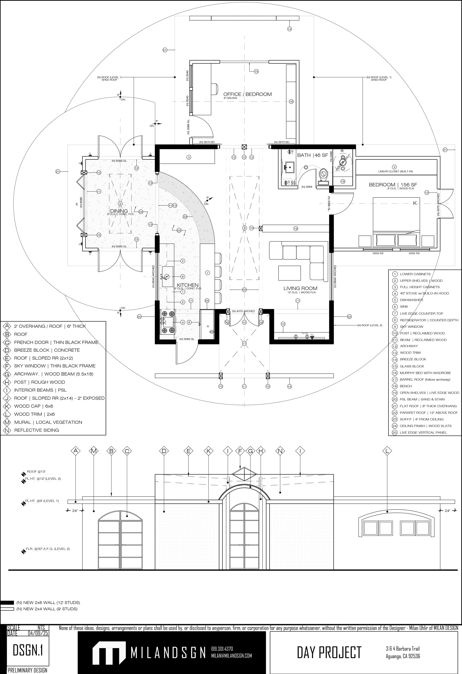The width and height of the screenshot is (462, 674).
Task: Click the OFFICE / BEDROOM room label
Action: (x=247, y=94)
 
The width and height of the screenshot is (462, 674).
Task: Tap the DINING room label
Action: (x=119, y=211)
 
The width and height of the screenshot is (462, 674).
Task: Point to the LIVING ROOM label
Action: (x=300, y=288)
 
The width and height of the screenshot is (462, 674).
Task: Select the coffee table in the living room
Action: (x=289, y=273)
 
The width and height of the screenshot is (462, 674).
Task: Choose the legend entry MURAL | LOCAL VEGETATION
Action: (x=48, y=422)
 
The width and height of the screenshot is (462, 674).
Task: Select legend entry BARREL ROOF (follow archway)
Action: (x=425, y=379)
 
